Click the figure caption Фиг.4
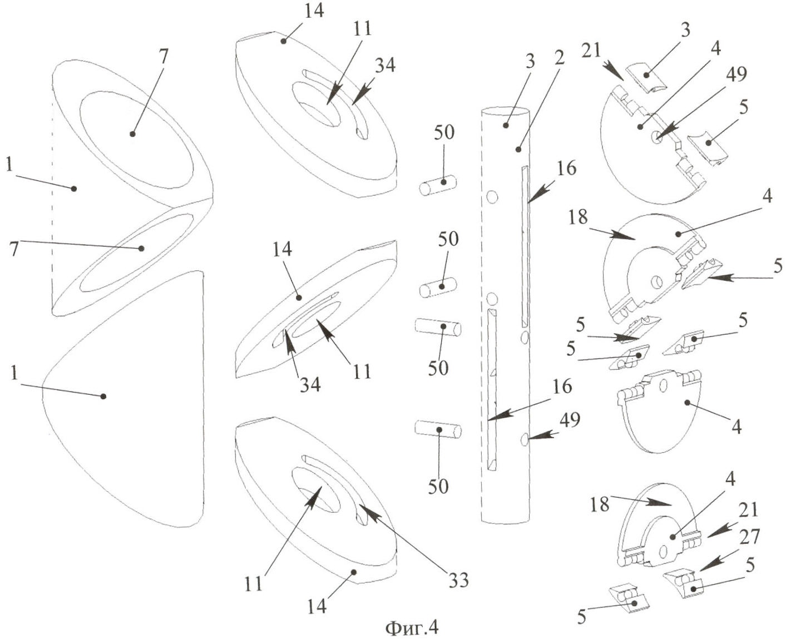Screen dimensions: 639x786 tap(411, 627)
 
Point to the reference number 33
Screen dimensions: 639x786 tap(459, 580)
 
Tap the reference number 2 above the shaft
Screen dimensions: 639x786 tap(558, 57)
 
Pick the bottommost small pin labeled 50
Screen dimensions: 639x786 tap(438, 430)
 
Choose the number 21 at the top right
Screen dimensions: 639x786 tap(592, 51)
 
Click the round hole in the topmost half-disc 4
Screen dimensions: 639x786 tap(658, 136)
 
